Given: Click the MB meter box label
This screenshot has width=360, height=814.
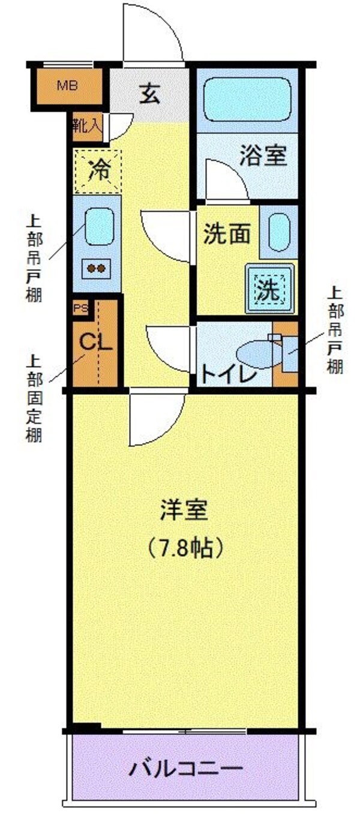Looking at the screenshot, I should point(67,85).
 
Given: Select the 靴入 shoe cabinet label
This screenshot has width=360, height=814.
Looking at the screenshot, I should point(87,125).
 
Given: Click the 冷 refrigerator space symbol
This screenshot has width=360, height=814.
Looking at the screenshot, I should point(97,170).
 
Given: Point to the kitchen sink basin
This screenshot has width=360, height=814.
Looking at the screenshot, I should point(99,226).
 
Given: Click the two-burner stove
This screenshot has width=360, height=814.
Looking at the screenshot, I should point(97,268).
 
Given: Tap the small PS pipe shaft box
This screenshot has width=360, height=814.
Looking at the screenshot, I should point(80,308).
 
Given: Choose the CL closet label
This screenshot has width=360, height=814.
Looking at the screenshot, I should point(95,343).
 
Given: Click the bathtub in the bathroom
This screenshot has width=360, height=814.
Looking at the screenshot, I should point(247,98).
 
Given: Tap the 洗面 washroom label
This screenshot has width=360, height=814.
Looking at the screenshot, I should point(226,235).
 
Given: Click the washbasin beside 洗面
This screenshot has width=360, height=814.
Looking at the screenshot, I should point(278,231).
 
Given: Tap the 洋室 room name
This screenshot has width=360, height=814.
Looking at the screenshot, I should point(184,510).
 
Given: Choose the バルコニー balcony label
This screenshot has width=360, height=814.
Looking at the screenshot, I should point(186,767).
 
